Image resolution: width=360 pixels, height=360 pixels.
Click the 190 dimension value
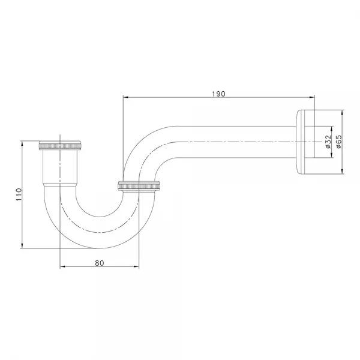(218, 94)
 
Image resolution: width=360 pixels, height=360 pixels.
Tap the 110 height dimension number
(19, 194)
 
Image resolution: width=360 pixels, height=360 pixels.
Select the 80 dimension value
(100, 263)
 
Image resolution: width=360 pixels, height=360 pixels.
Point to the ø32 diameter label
(328, 142)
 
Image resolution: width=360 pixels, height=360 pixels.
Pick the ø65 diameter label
(338, 142)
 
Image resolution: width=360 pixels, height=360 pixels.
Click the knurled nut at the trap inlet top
(60, 145)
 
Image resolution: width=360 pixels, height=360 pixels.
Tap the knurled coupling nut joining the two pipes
(139, 185)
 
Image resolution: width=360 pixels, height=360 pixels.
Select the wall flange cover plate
(305, 142)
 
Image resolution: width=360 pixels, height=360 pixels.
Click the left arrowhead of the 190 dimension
(126, 97)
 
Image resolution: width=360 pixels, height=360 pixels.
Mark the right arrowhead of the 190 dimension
(312, 97)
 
